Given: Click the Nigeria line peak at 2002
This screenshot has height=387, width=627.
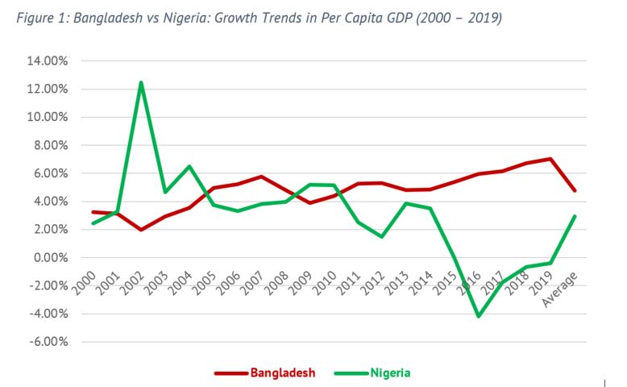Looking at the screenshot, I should (142, 82).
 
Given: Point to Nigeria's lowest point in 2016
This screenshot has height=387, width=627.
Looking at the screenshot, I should (479, 316).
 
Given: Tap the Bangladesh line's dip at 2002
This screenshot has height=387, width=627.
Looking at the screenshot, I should (142, 230).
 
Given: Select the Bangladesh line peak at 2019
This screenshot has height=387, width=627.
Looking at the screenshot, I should (550, 159).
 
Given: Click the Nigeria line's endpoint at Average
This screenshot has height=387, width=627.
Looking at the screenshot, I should (575, 216).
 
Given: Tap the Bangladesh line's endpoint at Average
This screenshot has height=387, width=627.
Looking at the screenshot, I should (575, 190).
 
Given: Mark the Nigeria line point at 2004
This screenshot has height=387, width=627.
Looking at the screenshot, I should (189, 166).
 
